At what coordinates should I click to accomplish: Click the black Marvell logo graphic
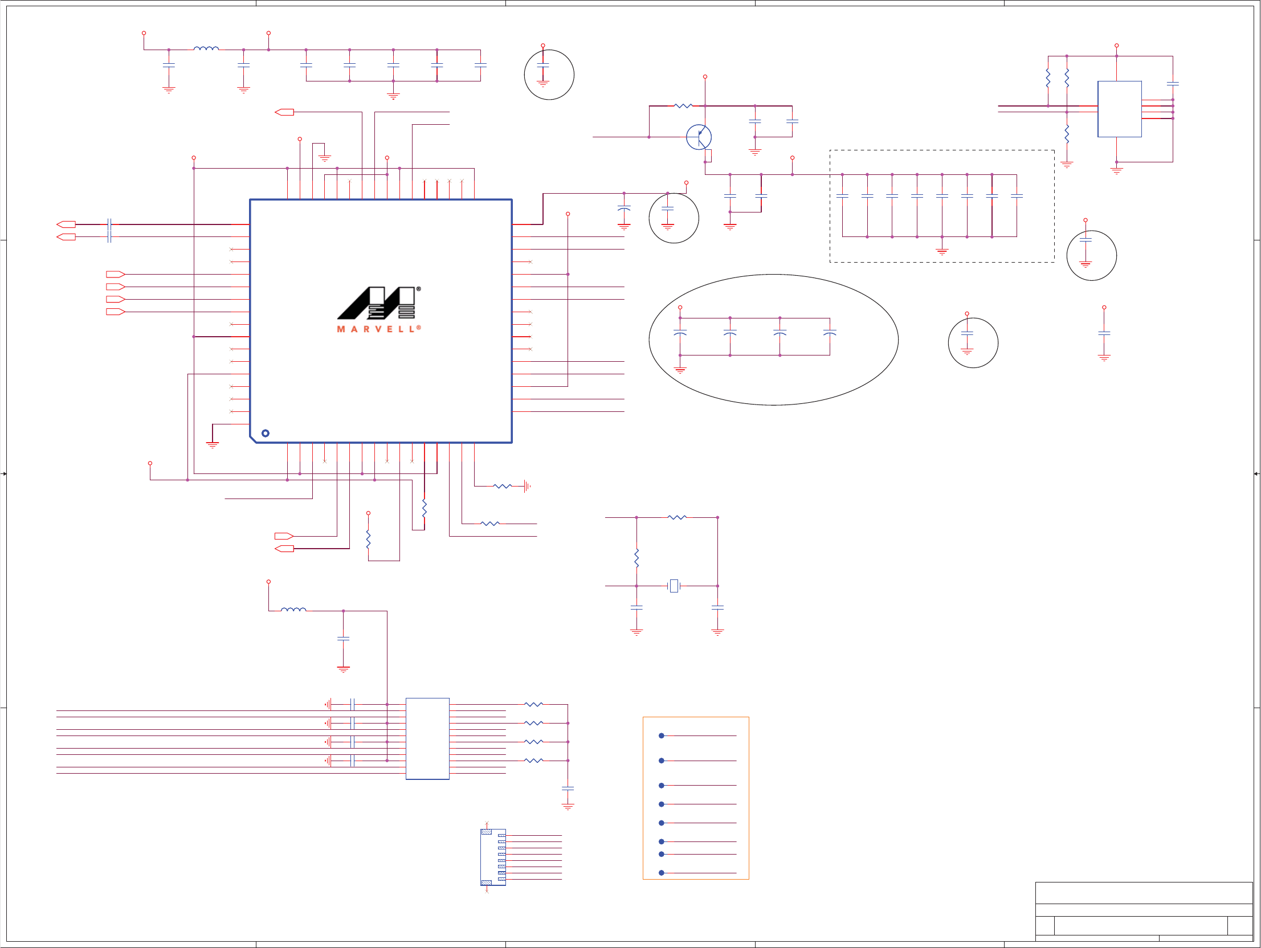377,303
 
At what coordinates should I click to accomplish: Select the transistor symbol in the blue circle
699,137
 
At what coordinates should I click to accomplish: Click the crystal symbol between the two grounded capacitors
674,586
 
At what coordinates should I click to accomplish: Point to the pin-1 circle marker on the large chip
266,433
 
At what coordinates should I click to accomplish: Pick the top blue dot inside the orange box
662,735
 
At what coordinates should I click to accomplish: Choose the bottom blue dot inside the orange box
662,873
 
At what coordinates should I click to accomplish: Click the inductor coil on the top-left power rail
206,49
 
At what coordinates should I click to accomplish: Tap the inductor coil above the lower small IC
293,610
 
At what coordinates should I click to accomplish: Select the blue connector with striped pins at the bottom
492,857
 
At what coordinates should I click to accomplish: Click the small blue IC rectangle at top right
1119,109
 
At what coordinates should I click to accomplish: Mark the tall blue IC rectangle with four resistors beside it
427,738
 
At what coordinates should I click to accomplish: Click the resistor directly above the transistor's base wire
683,106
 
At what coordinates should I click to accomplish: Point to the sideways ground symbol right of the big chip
527,487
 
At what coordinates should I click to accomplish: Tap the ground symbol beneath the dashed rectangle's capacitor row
942,250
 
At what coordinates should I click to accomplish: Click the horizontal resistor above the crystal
677,517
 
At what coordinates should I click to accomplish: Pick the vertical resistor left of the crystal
636,558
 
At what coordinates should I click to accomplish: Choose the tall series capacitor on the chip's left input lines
109,230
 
